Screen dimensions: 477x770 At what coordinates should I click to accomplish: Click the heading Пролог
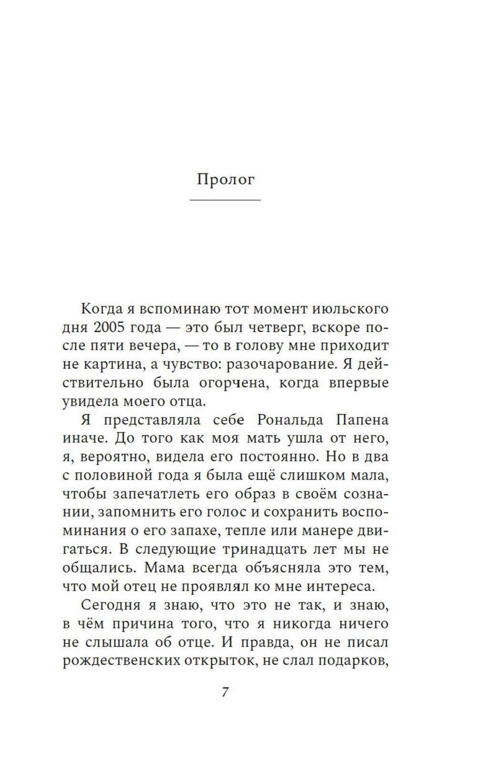coord(226,179)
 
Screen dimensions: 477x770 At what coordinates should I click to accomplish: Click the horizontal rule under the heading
coord(225,200)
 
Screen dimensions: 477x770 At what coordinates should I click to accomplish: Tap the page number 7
coord(225,691)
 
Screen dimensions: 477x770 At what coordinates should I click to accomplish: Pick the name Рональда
coord(290,420)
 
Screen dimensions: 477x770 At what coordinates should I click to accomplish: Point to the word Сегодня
coord(111,605)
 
